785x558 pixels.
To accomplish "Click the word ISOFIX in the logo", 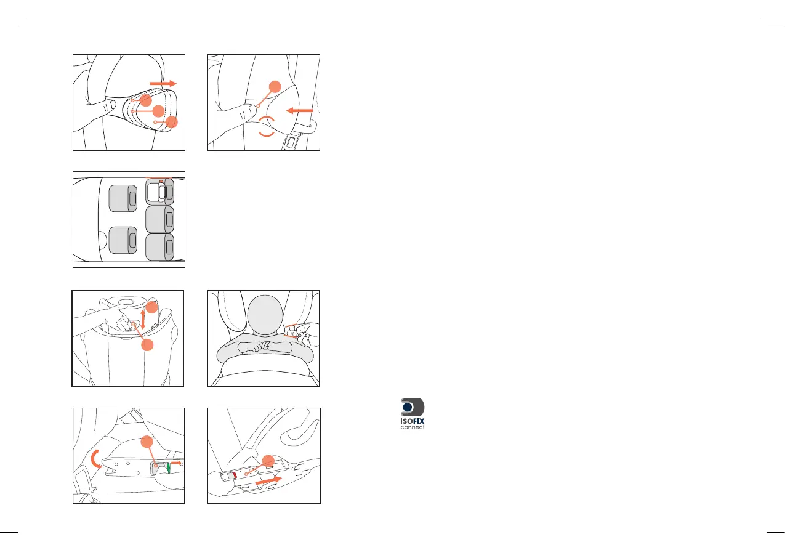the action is [x=412, y=421].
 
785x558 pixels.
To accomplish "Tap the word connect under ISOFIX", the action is [x=413, y=427].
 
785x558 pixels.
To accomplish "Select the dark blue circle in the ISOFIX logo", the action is [x=408, y=407].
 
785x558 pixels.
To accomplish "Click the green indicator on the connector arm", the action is [x=168, y=467].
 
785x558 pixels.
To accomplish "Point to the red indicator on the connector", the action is [x=235, y=475].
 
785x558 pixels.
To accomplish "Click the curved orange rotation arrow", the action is [x=95, y=459].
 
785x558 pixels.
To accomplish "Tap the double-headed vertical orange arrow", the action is [x=142, y=319].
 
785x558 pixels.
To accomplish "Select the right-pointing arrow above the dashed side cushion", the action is [x=163, y=83].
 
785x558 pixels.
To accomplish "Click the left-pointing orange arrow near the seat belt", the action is [x=299, y=111].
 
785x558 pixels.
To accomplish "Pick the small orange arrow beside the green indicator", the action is [x=176, y=463].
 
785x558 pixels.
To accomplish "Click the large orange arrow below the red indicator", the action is [x=268, y=480].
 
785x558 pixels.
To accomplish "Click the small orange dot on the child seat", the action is [x=161, y=182].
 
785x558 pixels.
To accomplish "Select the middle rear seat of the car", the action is [x=160, y=219].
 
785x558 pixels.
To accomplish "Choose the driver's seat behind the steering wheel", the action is [x=123, y=240].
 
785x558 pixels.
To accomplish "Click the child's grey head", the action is [x=265, y=313].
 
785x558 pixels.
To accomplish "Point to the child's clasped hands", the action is [x=264, y=347].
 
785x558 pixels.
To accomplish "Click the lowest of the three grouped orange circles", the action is [x=172, y=122].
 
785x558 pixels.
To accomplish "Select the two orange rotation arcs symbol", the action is [x=267, y=126].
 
